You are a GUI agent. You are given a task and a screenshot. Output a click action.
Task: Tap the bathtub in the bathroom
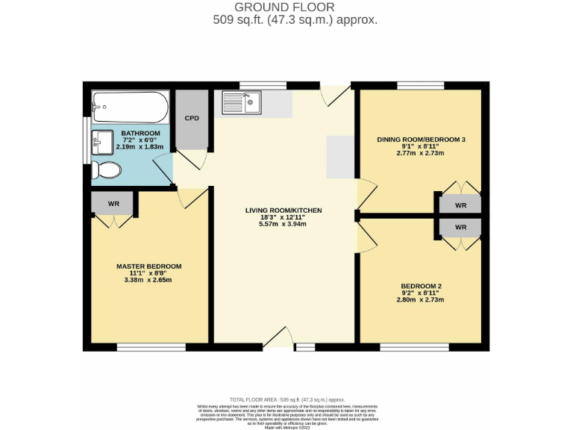[x=130, y=107]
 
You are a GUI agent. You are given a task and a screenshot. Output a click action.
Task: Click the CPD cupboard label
[x=192, y=119]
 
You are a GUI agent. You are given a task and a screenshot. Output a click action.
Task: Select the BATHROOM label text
[x=141, y=133]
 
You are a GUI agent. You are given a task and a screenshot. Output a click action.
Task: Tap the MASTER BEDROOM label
[x=148, y=267]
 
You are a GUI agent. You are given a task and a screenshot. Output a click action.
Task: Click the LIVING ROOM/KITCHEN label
[x=284, y=211]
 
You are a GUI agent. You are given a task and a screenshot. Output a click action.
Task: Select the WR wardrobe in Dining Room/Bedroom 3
[x=460, y=205]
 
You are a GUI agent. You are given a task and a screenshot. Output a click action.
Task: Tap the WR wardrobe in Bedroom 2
[x=460, y=227]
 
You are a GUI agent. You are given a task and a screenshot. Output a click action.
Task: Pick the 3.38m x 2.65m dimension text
[x=148, y=280]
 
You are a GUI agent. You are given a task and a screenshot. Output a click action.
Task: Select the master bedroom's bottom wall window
[x=151, y=347]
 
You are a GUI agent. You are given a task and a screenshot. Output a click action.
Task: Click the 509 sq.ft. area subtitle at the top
[x=295, y=21]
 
